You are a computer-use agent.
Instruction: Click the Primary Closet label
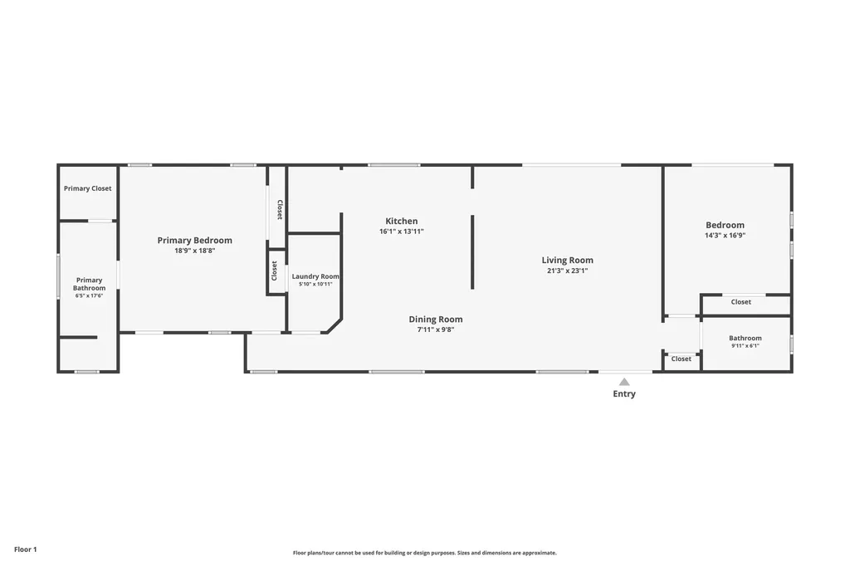(x=87, y=188)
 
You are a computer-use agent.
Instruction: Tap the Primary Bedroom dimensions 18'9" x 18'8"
(x=194, y=251)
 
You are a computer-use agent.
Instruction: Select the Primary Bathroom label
(x=90, y=284)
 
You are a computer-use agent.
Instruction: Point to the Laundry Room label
(x=315, y=276)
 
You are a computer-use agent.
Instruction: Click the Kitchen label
(x=402, y=221)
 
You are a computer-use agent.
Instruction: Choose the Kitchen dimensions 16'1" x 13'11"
(x=402, y=232)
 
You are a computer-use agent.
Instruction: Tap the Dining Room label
(x=436, y=320)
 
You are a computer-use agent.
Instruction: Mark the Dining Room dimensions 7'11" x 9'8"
(x=436, y=329)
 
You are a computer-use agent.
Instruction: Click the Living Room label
(x=568, y=260)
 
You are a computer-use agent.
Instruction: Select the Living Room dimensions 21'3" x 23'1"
(x=568, y=271)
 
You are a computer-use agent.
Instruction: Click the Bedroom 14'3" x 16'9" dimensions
(x=725, y=235)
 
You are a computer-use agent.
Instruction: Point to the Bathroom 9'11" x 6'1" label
(x=745, y=338)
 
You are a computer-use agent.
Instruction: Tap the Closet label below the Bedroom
(x=741, y=302)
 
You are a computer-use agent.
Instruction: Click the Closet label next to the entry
(x=681, y=359)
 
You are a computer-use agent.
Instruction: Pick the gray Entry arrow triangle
(x=624, y=382)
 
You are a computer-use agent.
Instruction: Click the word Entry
(x=624, y=394)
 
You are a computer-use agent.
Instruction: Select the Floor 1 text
(x=26, y=549)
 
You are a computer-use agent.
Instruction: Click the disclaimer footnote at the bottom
(x=425, y=553)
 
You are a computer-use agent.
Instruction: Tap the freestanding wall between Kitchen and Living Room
(x=472, y=252)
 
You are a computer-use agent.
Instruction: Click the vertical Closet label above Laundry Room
(x=281, y=209)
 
